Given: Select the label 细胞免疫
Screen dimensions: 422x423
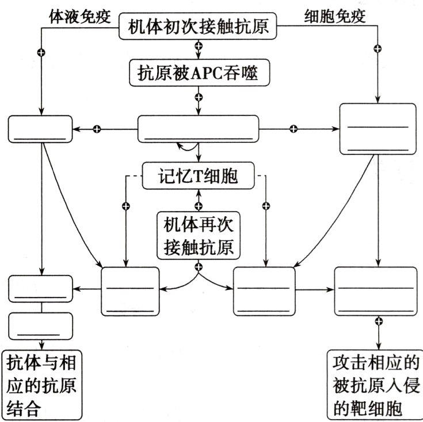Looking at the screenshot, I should tap(334, 17).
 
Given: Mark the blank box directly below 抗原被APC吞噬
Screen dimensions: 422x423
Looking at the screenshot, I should tap(199, 128).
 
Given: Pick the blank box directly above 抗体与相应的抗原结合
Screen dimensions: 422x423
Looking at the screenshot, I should tap(40, 326).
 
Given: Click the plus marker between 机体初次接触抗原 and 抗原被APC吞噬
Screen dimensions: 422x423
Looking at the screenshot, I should tap(199, 51).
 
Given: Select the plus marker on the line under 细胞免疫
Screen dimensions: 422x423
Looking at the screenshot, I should tap(378, 48).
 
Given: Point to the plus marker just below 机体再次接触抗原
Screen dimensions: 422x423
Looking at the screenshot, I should tap(199, 266).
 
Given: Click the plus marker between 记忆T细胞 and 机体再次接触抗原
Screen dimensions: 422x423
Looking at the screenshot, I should tap(199, 205).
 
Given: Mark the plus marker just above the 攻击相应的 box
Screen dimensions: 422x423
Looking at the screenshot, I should tap(378, 321).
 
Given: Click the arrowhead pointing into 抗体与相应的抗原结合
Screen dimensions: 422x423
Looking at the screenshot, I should tap(40, 345).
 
